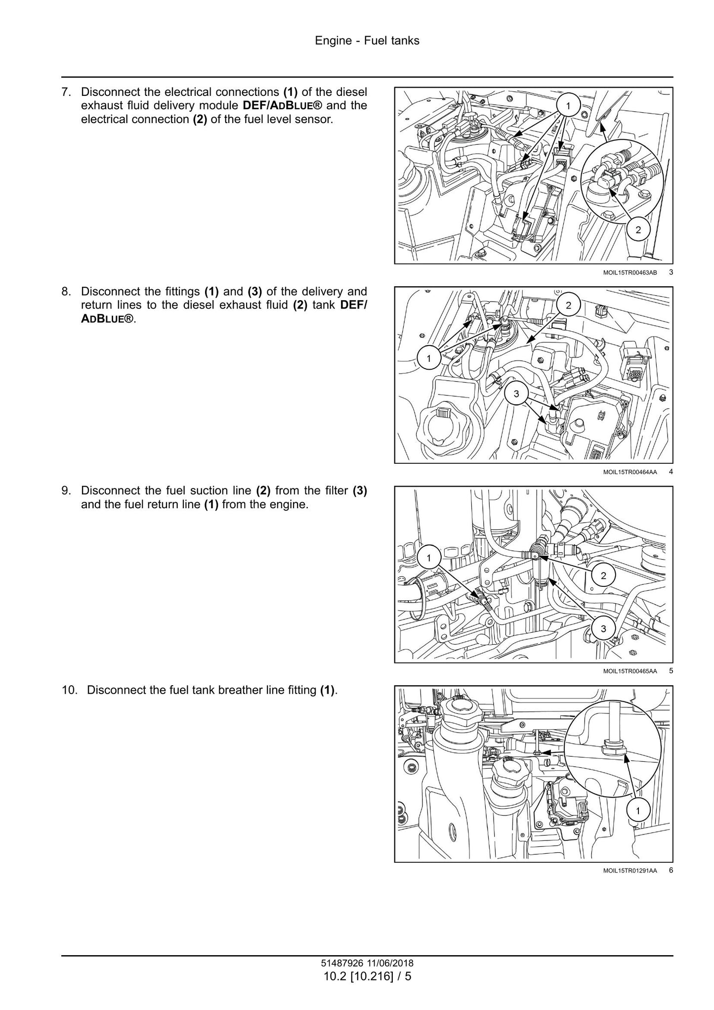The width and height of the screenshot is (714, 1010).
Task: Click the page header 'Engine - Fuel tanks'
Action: tap(367, 41)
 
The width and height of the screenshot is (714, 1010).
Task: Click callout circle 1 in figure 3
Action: tap(568, 105)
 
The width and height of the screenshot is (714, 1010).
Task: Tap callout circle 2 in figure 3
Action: tap(638, 230)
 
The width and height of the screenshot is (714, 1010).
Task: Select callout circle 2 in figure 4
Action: tap(568, 306)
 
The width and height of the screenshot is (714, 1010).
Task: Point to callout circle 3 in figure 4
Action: tap(516, 394)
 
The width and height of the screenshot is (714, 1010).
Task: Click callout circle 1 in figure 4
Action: tap(428, 358)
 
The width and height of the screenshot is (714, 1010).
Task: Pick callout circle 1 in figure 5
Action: tap(428, 558)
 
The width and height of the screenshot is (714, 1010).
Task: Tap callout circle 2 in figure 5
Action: tap(603, 575)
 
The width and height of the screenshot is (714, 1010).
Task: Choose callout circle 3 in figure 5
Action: tap(603, 629)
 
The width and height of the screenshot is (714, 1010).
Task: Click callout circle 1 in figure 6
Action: tap(637, 811)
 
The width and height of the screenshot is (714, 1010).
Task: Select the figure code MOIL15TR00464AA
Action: tap(630, 472)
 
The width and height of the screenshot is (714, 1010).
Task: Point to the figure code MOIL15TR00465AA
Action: tap(630, 671)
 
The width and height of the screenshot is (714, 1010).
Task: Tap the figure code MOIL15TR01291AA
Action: tap(630, 871)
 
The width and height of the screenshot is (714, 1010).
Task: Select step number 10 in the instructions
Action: tap(69, 690)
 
